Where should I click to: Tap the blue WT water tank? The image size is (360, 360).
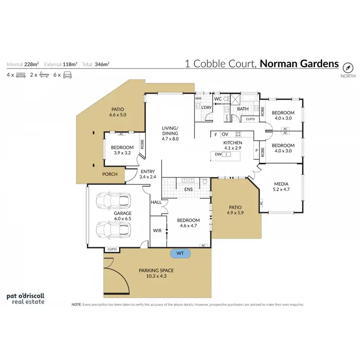pos(180,252)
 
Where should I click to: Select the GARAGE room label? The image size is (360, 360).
pos(123,213)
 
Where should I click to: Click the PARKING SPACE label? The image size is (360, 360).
pos(156,271)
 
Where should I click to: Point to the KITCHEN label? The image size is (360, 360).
pos(233,143)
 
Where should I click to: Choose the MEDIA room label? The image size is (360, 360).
pos(281,183)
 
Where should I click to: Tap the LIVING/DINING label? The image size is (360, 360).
pos(169,131)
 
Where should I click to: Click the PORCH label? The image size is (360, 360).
pos(110,174)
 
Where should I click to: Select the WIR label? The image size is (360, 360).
pos(157,231)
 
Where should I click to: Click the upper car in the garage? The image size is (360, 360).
pos(110,201)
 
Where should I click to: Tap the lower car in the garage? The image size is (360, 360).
pos(110,229)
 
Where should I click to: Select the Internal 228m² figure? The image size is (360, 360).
pos(24,64)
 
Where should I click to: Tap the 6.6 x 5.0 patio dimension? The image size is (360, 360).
pos(118,115)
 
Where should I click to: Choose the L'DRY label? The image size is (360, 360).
pos(206,108)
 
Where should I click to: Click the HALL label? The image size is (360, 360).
pos(156,203)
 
